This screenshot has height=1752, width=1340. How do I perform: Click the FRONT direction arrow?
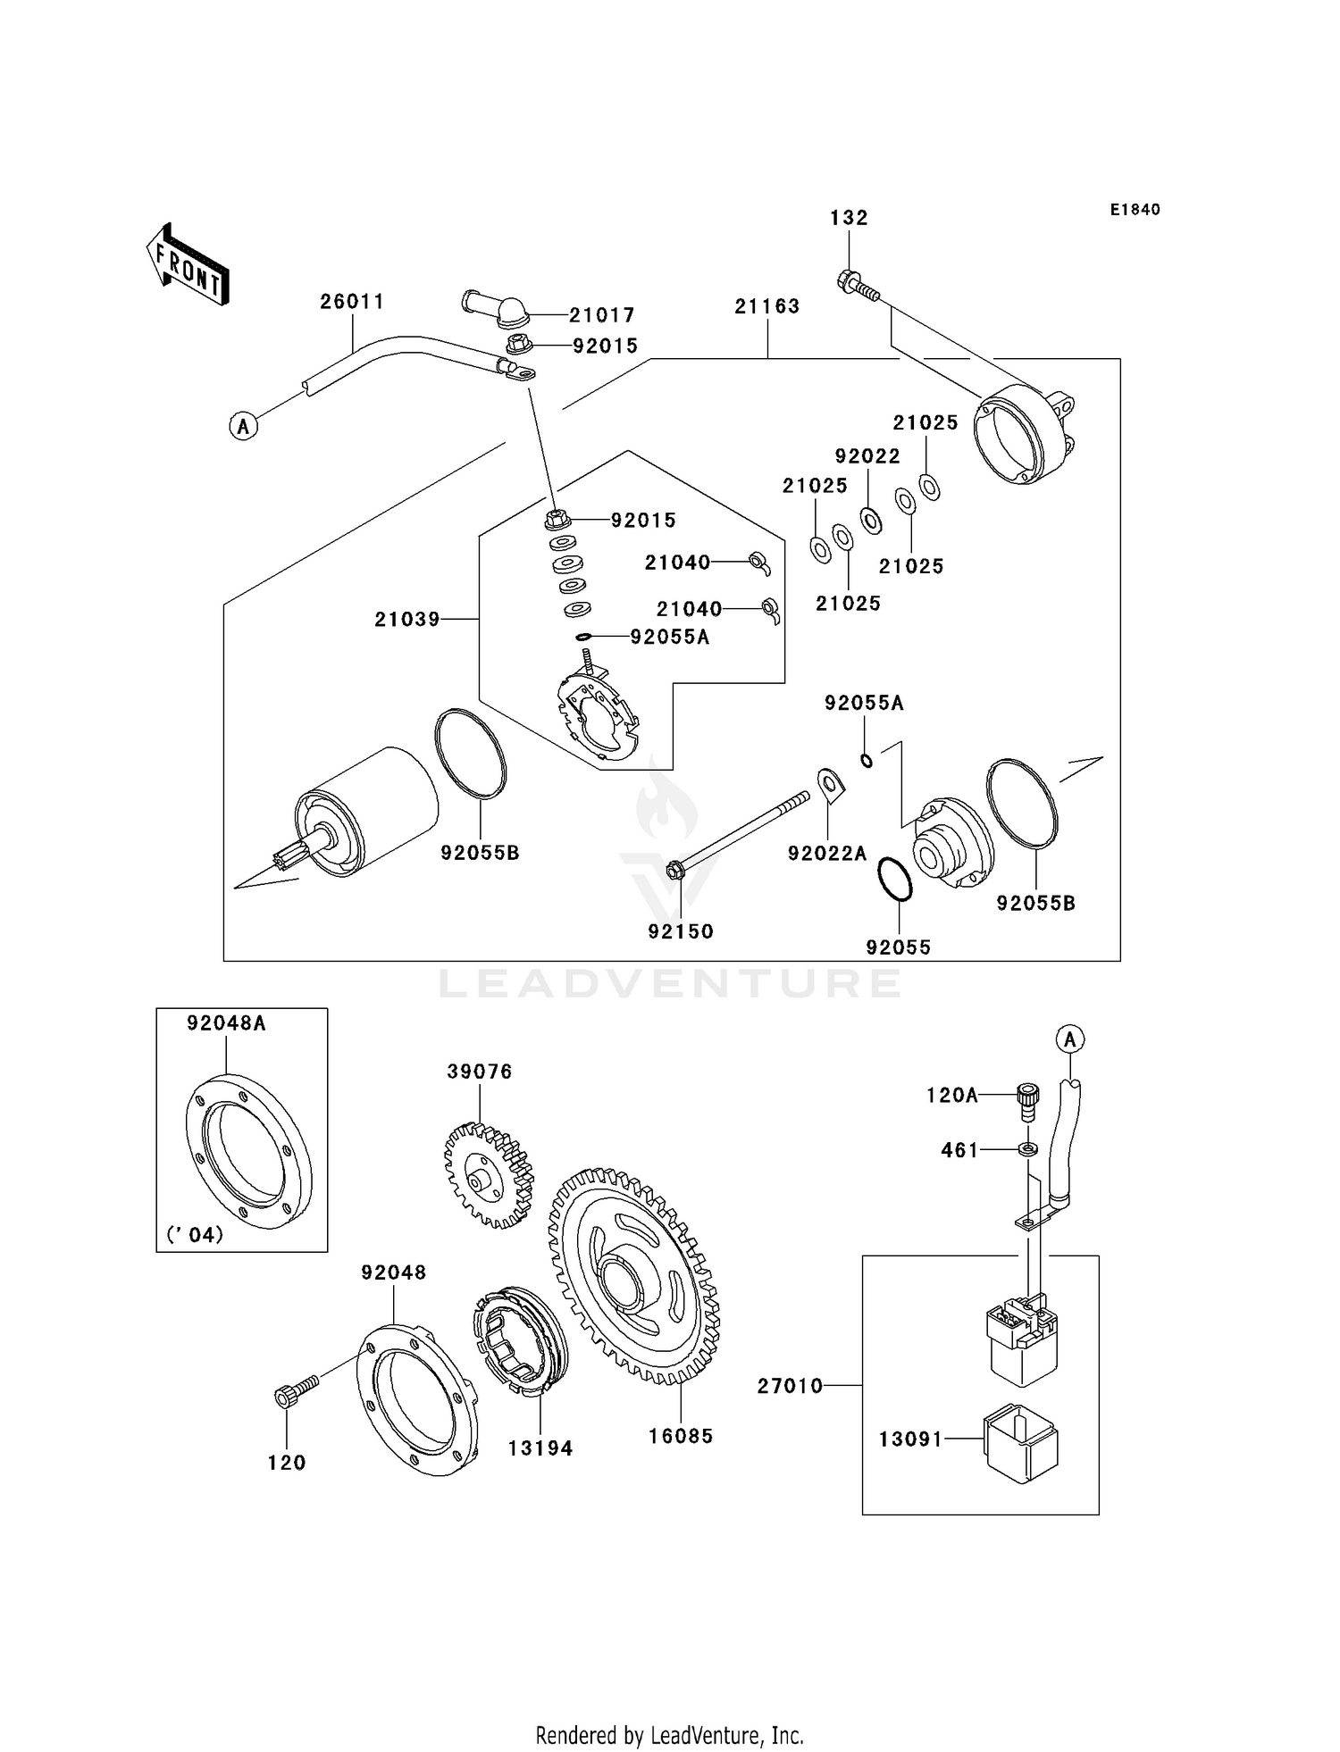coord(188,265)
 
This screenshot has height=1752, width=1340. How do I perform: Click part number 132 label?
coord(849,218)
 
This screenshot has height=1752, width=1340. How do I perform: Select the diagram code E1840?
coord(1135,210)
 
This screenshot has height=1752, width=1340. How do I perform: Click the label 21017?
coord(602,315)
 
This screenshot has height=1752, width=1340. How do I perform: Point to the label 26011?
coord(352,302)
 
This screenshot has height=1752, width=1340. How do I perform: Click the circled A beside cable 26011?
coord(243,426)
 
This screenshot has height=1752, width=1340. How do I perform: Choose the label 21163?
coord(767,306)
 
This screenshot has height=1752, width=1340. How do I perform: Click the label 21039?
coord(406,619)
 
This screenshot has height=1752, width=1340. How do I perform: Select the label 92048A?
coord(226,1023)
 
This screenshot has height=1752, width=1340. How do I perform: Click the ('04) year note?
coord(195,1235)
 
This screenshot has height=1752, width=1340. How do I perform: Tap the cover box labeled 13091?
coord(1020,1443)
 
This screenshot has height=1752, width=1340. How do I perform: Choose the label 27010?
coord(790,1386)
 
